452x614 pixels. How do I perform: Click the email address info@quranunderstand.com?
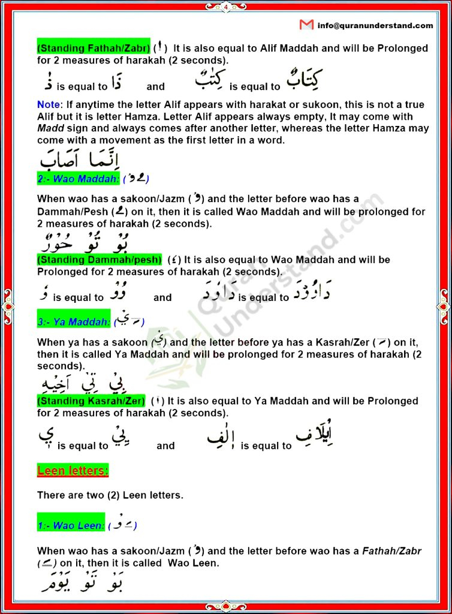point(375,25)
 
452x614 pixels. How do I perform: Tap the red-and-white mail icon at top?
point(306,25)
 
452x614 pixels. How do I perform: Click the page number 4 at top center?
point(226,7)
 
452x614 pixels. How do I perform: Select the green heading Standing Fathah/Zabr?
point(93,47)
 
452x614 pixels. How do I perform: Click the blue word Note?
point(49,104)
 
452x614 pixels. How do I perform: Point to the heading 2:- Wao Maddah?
point(78,179)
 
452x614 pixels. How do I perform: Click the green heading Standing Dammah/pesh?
point(100,260)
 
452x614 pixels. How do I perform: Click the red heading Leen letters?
point(73,471)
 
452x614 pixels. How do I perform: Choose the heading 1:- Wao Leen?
point(71,525)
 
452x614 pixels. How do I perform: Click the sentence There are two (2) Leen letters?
point(110,495)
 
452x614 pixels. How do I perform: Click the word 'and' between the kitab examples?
point(155,86)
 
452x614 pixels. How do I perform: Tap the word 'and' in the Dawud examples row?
point(162,297)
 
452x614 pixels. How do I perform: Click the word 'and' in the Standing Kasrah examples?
point(165,446)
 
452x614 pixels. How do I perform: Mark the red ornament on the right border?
point(444,306)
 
